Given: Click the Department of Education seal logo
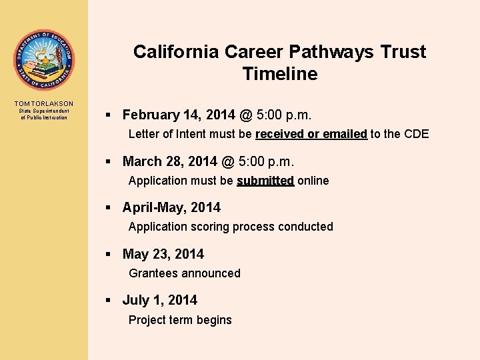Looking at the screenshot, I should pyautogui.click(x=44, y=60).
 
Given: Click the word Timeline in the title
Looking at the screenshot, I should pyautogui.click(x=280, y=74).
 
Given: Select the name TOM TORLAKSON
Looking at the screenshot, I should pyautogui.click(x=44, y=103).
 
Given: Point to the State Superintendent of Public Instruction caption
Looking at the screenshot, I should pyautogui.click(x=44, y=114).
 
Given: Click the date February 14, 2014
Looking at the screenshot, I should pyautogui.click(x=177, y=115).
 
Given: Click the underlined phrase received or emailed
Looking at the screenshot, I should pyautogui.click(x=311, y=134).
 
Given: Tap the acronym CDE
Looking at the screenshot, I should pyautogui.click(x=416, y=134).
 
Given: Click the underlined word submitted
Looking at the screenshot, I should pyautogui.click(x=265, y=181).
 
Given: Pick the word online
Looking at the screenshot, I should pyautogui.click(x=313, y=181).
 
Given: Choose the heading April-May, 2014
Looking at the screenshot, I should pyautogui.click(x=171, y=207).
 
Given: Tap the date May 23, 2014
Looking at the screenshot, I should pyautogui.click(x=163, y=254).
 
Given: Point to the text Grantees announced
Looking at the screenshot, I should pyautogui.click(x=185, y=273).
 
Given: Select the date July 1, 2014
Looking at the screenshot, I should pyautogui.click(x=160, y=300).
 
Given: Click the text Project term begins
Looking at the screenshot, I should pyautogui.click(x=180, y=320).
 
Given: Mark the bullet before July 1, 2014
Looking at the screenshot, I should pyautogui.click(x=109, y=301).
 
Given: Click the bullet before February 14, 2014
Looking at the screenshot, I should pyautogui.click(x=109, y=116).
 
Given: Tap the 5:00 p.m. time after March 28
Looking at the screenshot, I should pyautogui.click(x=266, y=161).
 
